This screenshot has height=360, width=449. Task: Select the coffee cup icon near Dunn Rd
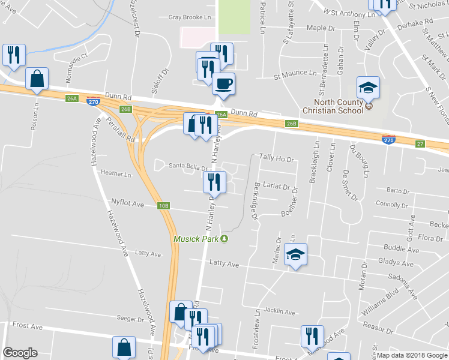224,83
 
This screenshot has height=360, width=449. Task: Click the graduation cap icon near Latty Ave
295,254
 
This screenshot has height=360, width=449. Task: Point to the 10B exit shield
164,206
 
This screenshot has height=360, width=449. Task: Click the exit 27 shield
420,143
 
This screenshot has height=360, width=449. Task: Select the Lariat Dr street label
276,187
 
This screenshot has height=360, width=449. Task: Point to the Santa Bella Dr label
187,166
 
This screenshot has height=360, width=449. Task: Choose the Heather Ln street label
116,175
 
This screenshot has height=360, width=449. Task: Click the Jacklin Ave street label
280,312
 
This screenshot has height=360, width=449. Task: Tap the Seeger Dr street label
131,319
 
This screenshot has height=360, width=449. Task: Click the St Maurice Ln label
295,76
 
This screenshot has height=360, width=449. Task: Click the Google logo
20,353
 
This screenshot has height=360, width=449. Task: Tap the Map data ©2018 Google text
411,355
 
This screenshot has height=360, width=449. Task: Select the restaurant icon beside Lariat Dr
215,181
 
